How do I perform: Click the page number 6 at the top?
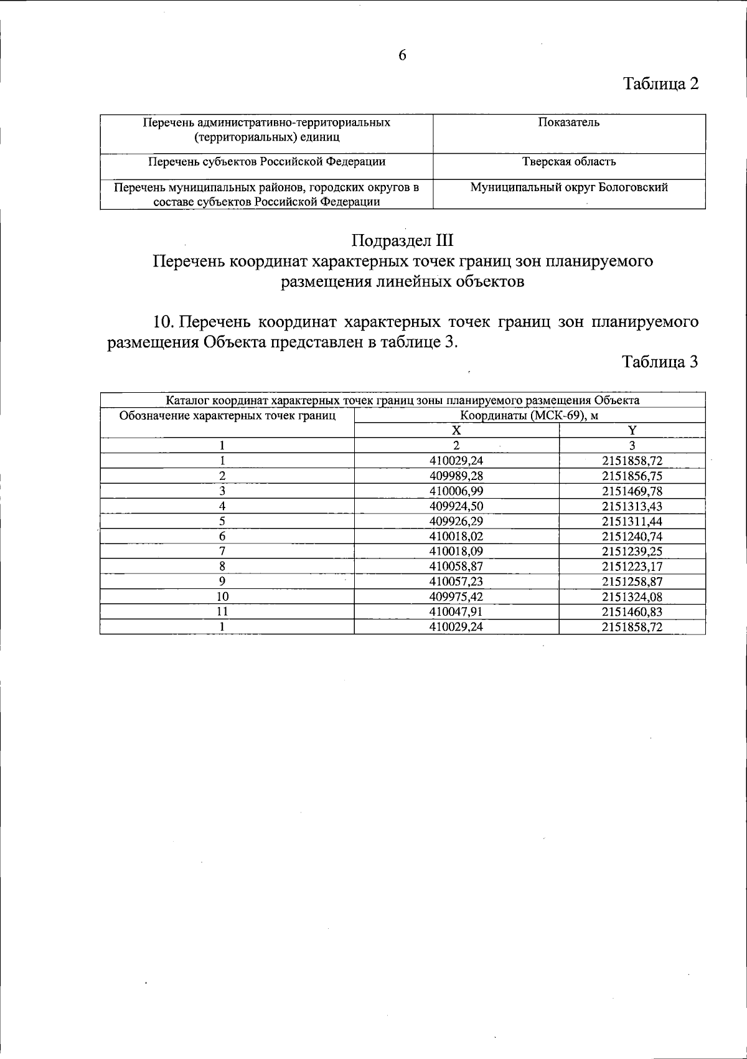402,55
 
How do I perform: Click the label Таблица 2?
661,84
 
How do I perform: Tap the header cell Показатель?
569,123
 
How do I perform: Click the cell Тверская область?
569,162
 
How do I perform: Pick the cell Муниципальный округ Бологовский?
569,187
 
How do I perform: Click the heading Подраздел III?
402,240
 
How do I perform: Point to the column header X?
456,430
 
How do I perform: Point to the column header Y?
632,430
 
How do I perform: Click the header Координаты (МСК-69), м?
529,415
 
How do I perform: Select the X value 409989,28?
456,476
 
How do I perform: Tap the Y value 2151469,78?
632,491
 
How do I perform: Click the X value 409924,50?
456,506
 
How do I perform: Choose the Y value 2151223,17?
632,567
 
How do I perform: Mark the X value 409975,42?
456,596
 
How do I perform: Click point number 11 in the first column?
222,612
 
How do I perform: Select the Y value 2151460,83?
632,612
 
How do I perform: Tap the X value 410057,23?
456,581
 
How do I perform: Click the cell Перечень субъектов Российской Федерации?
266,162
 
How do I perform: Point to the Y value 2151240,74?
632,536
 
